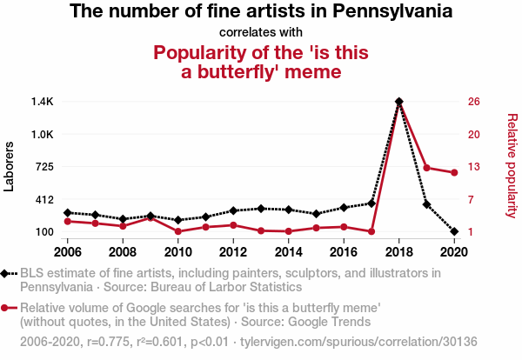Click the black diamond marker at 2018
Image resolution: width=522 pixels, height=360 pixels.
[x=398, y=102]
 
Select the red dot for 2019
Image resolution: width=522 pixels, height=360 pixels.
[x=426, y=168]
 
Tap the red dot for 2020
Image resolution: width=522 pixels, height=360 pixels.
[x=454, y=173]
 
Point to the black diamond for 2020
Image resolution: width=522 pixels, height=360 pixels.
[x=454, y=231]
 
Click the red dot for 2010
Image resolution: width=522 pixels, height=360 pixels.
[x=177, y=231]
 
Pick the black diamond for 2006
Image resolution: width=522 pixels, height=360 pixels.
[x=67, y=212]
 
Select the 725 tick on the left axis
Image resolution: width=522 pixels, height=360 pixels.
[x=43, y=167]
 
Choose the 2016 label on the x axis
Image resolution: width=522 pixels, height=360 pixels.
[x=344, y=252]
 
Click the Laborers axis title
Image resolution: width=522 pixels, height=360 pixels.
[x=10, y=167]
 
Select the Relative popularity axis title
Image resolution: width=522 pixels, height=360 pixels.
[x=512, y=165]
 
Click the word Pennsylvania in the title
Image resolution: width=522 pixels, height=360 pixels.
[x=388, y=12]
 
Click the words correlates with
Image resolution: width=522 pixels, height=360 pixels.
[x=260, y=33]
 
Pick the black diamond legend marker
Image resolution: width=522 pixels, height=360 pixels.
[x=7, y=273]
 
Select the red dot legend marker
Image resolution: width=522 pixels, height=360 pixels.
[x=7, y=307]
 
